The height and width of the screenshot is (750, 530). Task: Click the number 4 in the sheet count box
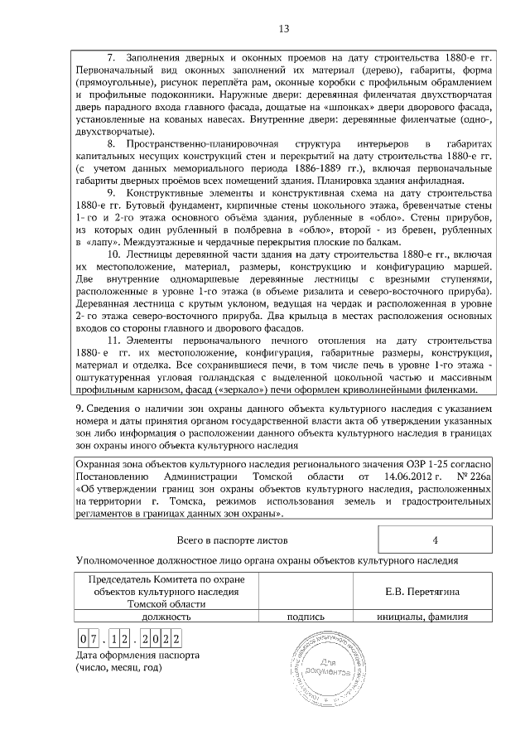436,540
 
